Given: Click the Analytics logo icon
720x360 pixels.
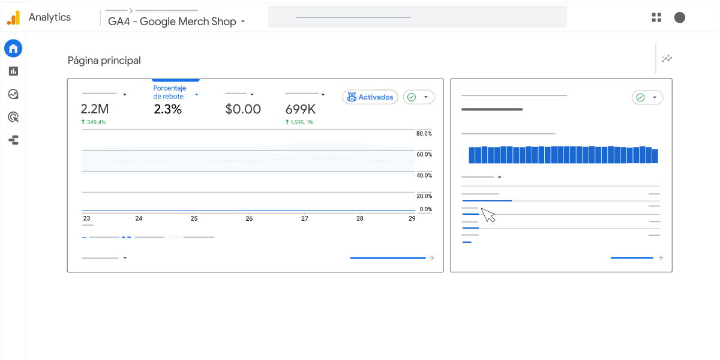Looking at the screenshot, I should click(x=13, y=18).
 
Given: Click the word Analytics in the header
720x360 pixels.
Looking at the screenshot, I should click(x=50, y=17).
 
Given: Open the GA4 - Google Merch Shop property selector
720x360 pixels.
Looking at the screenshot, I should click(x=176, y=22).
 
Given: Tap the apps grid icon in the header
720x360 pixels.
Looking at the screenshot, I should click(x=656, y=17).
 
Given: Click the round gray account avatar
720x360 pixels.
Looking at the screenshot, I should click(x=680, y=17).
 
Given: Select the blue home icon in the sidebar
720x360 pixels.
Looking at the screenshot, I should click(x=13, y=49).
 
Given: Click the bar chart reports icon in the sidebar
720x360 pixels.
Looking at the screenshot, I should click(x=13, y=71).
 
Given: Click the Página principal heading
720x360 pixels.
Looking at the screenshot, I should click(x=104, y=61).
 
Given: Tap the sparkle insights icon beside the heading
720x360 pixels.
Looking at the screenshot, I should click(x=667, y=59).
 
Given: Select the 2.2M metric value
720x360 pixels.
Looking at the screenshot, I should click(x=95, y=109).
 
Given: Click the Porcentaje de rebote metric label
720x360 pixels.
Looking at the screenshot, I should click(x=170, y=92).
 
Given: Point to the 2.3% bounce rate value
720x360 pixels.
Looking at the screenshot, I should click(x=167, y=109).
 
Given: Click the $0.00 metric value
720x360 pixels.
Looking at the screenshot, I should click(x=243, y=109).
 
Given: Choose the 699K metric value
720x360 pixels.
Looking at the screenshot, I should click(x=300, y=109).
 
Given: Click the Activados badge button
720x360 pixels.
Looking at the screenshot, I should click(x=370, y=97).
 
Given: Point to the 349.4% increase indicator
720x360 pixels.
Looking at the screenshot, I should click(x=94, y=122).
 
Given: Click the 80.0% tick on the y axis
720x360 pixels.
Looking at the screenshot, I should click(x=424, y=133).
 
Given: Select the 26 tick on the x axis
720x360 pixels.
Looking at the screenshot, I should click(x=249, y=219).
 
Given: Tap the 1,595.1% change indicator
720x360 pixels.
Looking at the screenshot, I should click(x=299, y=122).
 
